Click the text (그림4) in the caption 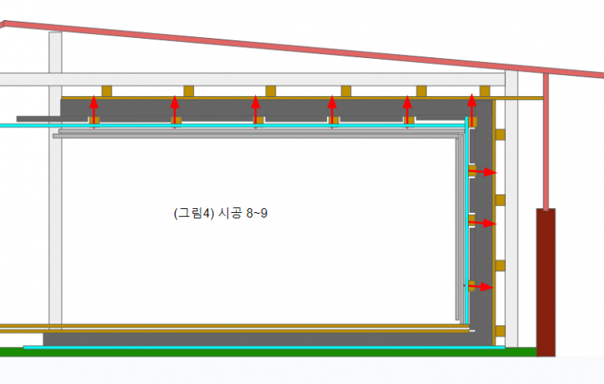[192, 214]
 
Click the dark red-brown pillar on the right [546, 282]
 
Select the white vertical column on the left [55, 202]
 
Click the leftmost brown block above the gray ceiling [106, 91]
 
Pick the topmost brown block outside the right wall [499, 132]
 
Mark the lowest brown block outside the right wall [499, 330]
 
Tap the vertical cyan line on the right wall [466, 226]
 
